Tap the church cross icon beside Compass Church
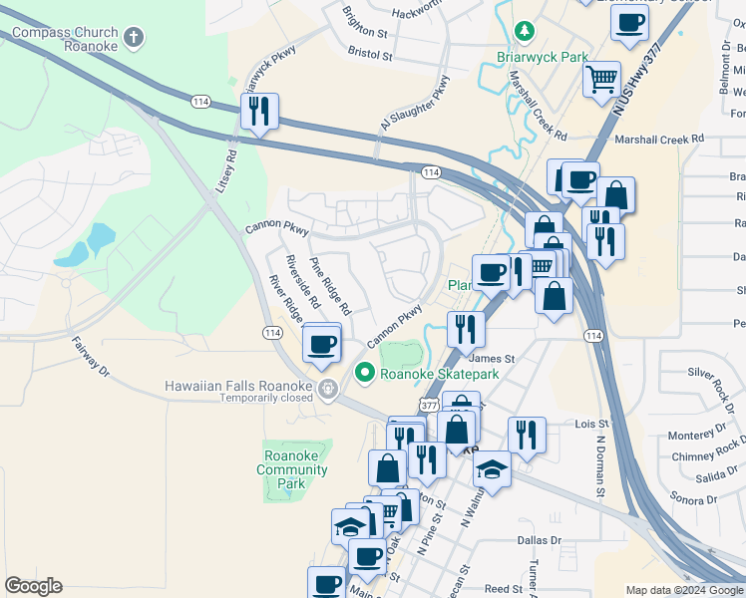(x=134, y=39)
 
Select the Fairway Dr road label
(x=90, y=356)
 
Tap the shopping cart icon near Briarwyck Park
(x=601, y=79)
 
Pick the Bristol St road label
(x=368, y=51)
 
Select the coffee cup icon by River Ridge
(x=321, y=344)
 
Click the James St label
(x=491, y=359)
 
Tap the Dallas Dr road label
(x=540, y=540)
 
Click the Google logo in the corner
(x=33, y=586)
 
